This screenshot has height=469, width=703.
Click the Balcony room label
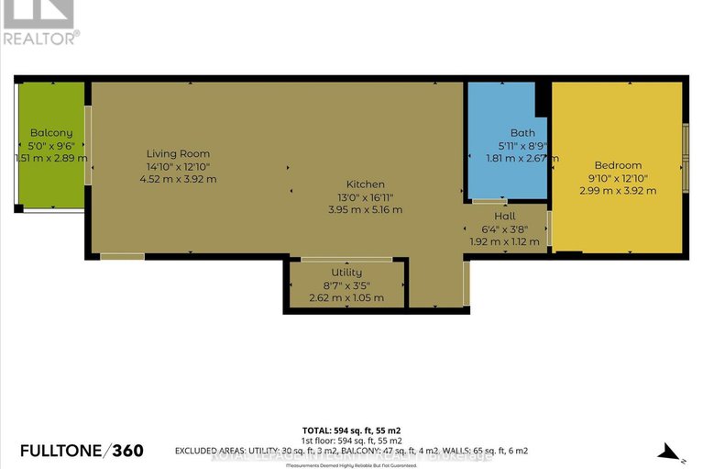point(50,132)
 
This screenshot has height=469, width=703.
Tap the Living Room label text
point(179,153)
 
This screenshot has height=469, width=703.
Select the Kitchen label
point(365,184)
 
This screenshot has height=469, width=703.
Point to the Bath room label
point(509,132)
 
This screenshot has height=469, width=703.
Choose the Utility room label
point(346,273)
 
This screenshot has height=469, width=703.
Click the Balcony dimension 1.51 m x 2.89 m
point(51,158)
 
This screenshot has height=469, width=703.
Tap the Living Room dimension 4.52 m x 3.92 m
point(179,179)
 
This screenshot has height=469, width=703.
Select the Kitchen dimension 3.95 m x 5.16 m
point(365,209)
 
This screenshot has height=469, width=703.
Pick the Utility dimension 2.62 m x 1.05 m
point(346,297)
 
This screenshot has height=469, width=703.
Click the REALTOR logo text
point(41,38)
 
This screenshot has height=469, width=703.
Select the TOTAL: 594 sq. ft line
point(351,430)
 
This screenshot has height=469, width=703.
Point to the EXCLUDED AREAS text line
point(351,452)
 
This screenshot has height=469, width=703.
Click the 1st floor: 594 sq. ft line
point(351,441)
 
